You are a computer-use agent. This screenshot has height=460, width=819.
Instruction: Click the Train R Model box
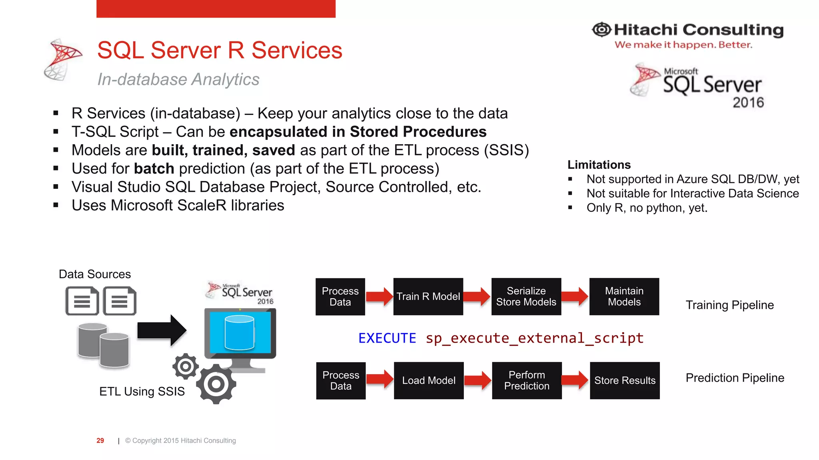pyautogui.click(x=428, y=296)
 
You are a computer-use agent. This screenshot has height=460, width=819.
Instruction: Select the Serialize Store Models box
pyautogui.click(x=526, y=296)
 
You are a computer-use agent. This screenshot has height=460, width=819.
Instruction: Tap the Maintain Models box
pyautogui.click(x=624, y=296)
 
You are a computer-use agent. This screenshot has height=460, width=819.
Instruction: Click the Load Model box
pyautogui.click(x=428, y=380)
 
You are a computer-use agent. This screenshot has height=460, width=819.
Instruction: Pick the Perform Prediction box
pyautogui.click(x=526, y=380)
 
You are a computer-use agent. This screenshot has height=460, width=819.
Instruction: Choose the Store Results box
pyautogui.click(x=624, y=380)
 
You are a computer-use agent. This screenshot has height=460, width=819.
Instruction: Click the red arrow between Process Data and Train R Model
pyautogui.click(x=379, y=296)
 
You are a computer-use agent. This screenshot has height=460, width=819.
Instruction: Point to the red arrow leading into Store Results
pyautogui.click(x=575, y=380)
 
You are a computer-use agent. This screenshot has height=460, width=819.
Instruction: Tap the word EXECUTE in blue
pyautogui.click(x=387, y=338)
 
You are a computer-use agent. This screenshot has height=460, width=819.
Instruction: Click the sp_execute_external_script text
pyautogui.click(x=534, y=338)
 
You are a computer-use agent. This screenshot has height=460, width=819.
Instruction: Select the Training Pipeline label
pyautogui.click(x=729, y=305)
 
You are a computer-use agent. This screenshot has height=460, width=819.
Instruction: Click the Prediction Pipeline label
pyautogui.click(x=735, y=378)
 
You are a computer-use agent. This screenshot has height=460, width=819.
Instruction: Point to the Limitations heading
pyautogui.click(x=599, y=165)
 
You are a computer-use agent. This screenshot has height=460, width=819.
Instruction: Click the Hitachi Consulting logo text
pyautogui.click(x=698, y=30)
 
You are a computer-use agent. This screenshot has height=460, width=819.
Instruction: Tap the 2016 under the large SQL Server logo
pyautogui.click(x=748, y=103)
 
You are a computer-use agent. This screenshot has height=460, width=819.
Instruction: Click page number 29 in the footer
pyautogui.click(x=100, y=440)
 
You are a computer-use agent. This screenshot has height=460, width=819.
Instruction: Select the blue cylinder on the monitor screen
pyautogui.click(x=240, y=332)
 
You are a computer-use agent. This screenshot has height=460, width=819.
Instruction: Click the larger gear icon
pyautogui.click(x=216, y=384)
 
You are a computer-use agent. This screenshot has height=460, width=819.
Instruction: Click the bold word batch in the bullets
pyautogui.click(x=154, y=169)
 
